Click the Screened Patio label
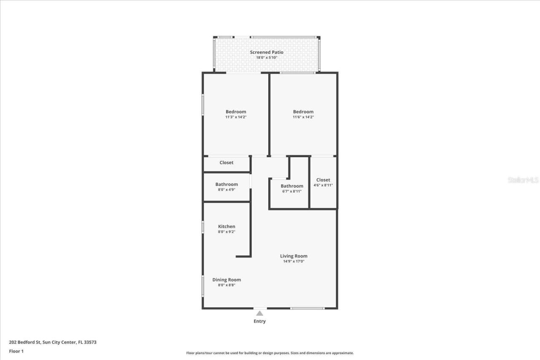point(267,52)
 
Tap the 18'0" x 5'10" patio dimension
point(267,58)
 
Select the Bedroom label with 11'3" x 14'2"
point(236,112)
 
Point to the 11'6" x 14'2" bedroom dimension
point(303,117)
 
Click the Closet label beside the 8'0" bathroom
point(227,163)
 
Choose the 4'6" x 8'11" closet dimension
point(323,185)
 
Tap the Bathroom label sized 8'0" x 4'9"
point(227,184)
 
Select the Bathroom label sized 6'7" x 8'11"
point(292,186)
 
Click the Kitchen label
point(227,226)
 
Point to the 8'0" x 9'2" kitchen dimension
point(227,232)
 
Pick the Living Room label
point(294,256)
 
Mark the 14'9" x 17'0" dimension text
point(294,261)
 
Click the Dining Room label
point(227,279)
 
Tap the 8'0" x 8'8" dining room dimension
point(227,285)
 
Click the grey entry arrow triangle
point(259,313)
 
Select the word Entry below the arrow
point(259,321)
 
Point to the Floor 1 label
point(16,351)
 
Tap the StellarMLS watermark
point(523,180)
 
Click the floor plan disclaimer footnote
point(270,353)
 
